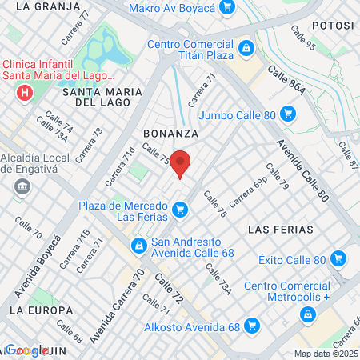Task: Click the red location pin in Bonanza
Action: (x=181, y=162)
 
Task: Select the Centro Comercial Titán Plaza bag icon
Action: (x=247, y=47)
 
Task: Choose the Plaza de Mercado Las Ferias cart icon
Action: (x=181, y=211)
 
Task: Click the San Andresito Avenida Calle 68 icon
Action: (x=139, y=244)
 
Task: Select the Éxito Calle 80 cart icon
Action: (x=338, y=259)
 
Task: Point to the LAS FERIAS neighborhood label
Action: (x=280, y=230)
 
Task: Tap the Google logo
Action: (x=26, y=350)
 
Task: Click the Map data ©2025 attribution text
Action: (x=326, y=354)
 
